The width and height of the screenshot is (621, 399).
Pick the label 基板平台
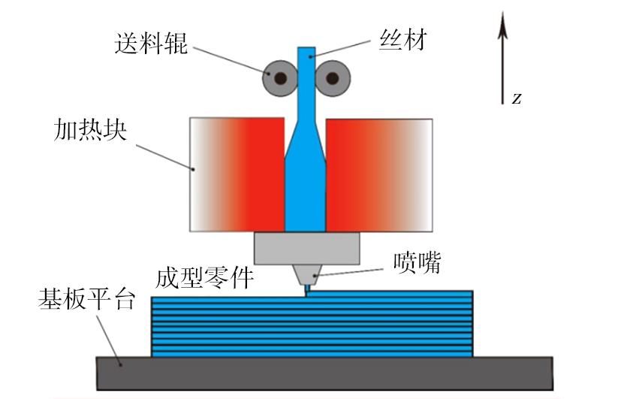point(86,301)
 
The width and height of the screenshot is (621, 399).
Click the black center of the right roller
point(332,77)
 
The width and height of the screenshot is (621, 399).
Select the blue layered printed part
point(312,324)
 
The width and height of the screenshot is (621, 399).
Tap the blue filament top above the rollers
point(306,55)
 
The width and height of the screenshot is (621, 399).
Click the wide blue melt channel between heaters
point(305,192)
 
